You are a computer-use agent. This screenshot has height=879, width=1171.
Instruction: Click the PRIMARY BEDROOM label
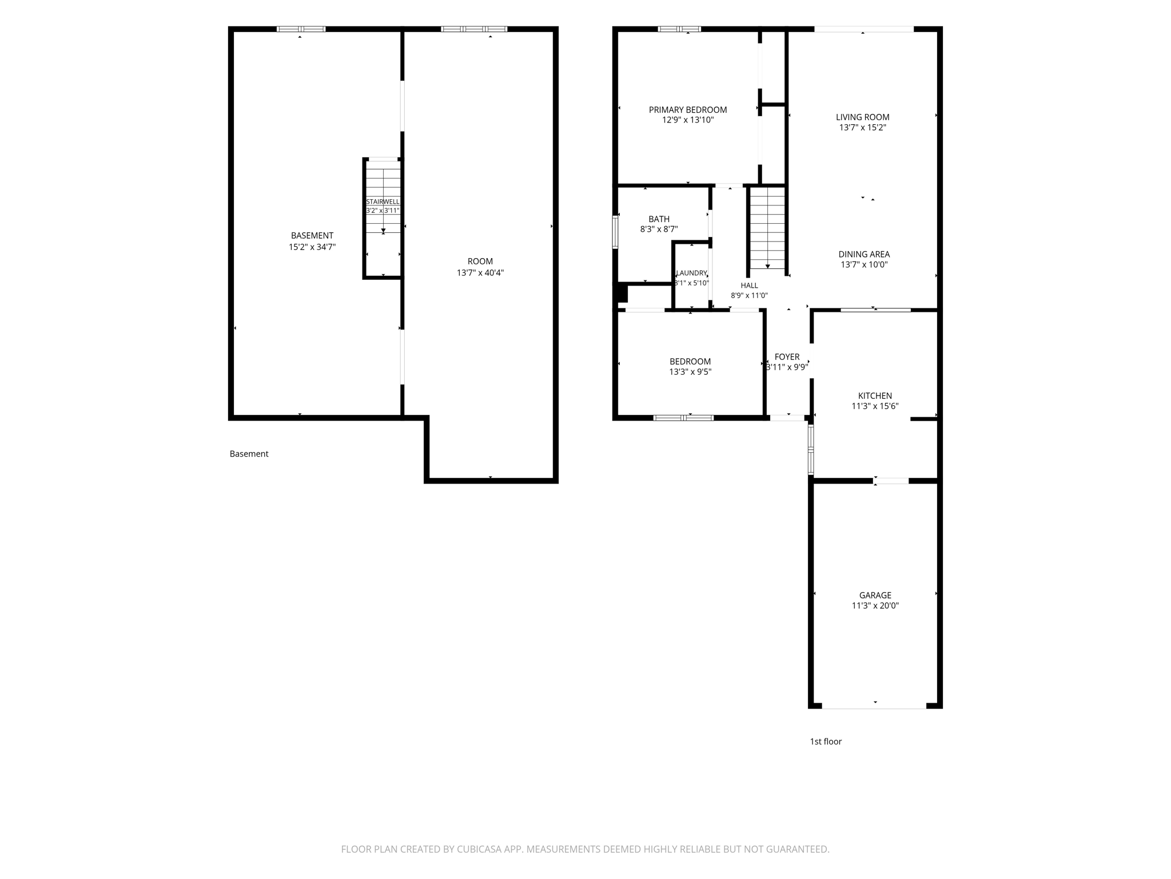(x=688, y=110)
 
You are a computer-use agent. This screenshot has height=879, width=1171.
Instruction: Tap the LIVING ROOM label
(x=863, y=117)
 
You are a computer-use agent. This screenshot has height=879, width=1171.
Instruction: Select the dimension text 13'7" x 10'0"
(x=864, y=265)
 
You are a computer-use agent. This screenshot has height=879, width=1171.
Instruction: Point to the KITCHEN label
(x=875, y=396)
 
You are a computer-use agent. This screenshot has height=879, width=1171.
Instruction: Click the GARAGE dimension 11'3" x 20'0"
(x=875, y=605)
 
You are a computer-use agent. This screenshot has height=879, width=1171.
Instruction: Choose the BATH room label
(x=659, y=219)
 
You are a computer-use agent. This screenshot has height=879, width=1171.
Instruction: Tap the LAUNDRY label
(x=692, y=273)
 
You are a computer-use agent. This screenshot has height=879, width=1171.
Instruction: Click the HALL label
(x=750, y=286)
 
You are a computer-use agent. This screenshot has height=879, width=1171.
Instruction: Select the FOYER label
(x=787, y=357)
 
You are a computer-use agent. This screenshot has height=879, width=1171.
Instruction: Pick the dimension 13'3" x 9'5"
(x=690, y=372)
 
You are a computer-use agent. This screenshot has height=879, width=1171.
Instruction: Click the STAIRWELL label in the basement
(x=383, y=202)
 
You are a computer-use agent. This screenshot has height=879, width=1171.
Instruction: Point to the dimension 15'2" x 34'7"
(x=312, y=247)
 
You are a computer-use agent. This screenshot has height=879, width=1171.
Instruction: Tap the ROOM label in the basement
(x=480, y=262)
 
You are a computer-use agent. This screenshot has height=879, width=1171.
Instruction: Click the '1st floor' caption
(x=826, y=742)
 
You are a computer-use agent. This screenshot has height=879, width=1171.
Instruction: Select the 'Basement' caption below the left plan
(x=249, y=454)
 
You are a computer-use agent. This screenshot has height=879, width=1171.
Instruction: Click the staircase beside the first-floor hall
(x=767, y=228)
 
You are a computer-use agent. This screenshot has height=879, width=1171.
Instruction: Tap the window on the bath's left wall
(x=615, y=231)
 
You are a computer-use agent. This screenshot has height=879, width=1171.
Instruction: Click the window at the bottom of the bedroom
(x=683, y=418)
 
